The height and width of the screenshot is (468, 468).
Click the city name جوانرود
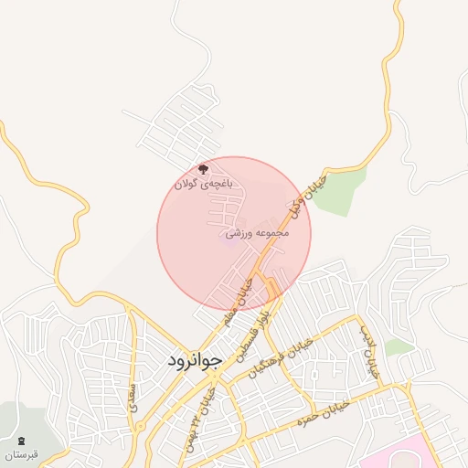pyautogui.click(x=195, y=361)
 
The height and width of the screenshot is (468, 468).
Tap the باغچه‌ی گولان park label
pyautogui.click(x=205, y=183)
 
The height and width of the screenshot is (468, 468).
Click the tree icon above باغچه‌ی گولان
pyautogui.click(x=204, y=168)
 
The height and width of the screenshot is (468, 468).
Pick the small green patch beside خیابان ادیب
pyautogui.click(x=399, y=347)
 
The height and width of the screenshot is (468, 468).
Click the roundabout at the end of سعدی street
pyautogui.click(x=143, y=437)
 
